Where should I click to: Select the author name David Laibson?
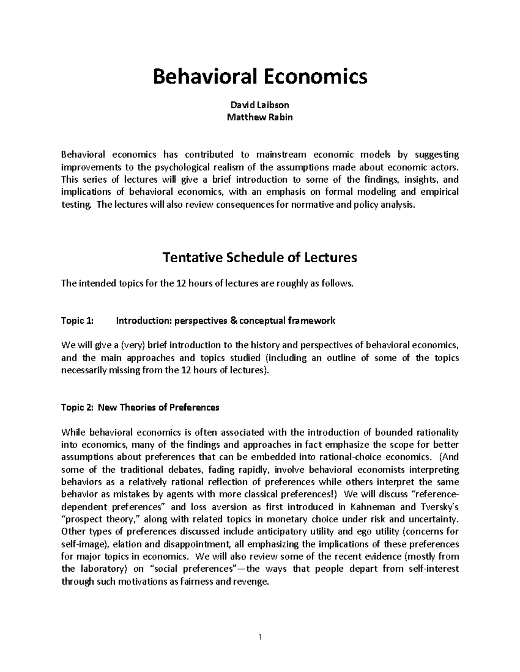pyautogui.click(x=260, y=105)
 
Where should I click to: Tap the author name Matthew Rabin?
pyautogui.click(x=260, y=117)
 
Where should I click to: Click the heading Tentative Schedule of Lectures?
pyautogui.click(x=260, y=257)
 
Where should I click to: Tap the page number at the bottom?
pyautogui.click(x=260, y=637)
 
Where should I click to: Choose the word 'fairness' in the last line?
pyautogui.click(x=197, y=582)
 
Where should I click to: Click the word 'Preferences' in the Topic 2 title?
pyautogui.click(x=194, y=408)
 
